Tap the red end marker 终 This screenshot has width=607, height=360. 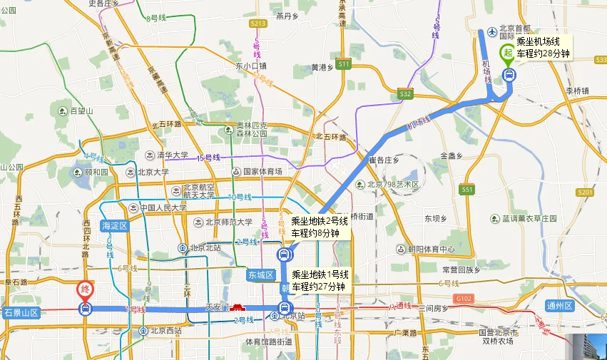click(85, 291)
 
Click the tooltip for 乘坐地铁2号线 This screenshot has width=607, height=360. click(319, 227)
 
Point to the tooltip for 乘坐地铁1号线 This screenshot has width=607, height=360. click(319, 280)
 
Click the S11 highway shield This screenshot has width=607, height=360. click(345, 64)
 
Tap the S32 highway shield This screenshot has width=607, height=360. click(406, 93)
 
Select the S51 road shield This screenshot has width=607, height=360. click(467, 189)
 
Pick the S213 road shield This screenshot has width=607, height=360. click(258, 24)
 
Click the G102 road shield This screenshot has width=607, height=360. click(464, 298)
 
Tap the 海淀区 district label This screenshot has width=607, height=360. click(114, 225)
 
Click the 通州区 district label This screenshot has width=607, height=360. click(559, 305)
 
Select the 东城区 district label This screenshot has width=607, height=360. click(260, 274)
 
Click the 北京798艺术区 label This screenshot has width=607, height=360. click(394, 185)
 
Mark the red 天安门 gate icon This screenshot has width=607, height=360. click(238, 307)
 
